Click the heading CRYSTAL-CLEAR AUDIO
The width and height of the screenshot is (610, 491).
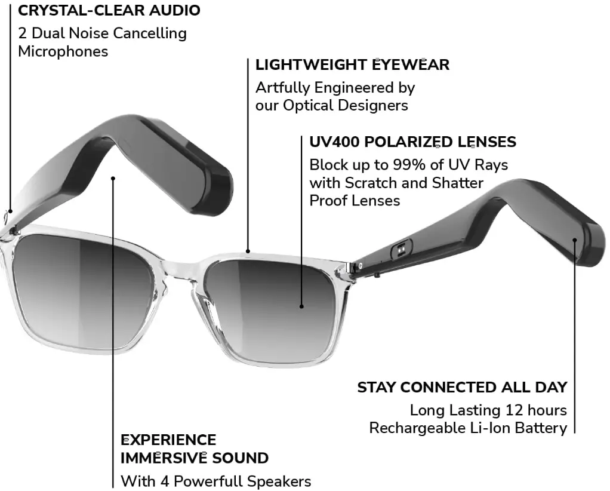tap(109, 10)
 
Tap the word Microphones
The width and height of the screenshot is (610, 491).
tap(63, 51)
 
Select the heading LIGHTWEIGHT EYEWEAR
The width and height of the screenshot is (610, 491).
tap(352, 65)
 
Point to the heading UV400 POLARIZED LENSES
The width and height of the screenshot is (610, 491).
tap(412, 142)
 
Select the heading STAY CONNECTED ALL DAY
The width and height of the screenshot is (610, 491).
tap(462, 387)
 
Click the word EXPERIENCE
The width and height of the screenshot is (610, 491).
tap(168, 440)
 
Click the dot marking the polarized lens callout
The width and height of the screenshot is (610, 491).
tap(301, 306)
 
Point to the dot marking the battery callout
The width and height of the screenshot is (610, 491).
tap(575, 240)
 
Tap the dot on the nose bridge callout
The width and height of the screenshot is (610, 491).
tap(248, 251)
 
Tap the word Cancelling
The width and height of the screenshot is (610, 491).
tap(150, 33)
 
